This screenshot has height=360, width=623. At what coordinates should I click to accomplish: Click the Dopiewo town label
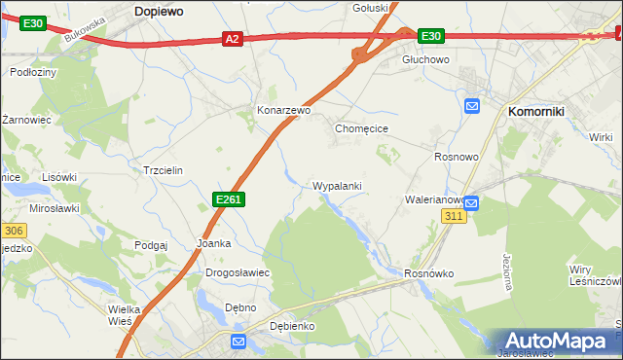(x=160, y=9)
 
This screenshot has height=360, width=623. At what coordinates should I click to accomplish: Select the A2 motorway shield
(x=232, y=39)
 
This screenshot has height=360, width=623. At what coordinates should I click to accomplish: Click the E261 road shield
(x=228, y=199)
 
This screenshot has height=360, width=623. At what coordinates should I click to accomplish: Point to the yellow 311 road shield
(x=453, y=215)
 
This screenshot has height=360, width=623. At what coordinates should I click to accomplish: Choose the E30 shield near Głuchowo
(x=431, y=37)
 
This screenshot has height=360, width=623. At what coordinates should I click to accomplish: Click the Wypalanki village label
(x=337, y=185)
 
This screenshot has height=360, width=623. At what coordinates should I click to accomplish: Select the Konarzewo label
(x=282, y=111)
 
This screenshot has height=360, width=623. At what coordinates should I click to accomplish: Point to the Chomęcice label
(x=362, y=127)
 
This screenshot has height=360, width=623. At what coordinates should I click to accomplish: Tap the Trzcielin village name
(x=163, y=169)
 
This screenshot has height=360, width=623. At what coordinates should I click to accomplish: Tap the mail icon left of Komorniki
(x=472, y=106)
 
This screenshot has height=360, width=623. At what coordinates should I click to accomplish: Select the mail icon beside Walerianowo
(x=471, y=202)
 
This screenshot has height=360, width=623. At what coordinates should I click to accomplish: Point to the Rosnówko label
(x=429, y=273)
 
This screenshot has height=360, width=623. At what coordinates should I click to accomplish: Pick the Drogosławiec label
(x=238, y=272)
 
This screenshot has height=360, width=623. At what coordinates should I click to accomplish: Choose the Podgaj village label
(x=152, y=245)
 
